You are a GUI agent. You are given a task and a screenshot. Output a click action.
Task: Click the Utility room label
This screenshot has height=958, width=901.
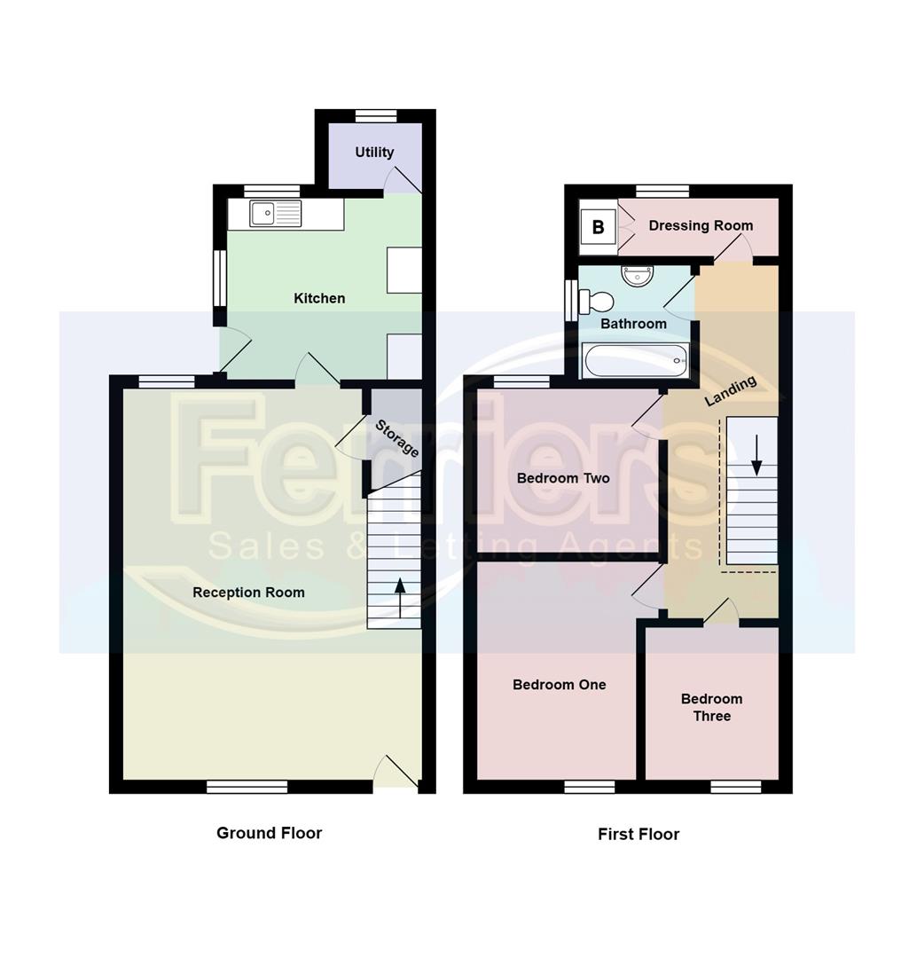374,152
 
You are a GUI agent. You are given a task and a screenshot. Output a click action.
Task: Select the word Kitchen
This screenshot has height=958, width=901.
319,298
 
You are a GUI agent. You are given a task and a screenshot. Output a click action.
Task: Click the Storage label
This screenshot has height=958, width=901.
396,437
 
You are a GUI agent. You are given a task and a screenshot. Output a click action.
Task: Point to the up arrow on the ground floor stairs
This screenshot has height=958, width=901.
400,597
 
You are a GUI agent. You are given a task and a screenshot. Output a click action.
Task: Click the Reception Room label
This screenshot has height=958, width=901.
248,592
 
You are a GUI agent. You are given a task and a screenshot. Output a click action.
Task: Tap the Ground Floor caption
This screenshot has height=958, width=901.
269,833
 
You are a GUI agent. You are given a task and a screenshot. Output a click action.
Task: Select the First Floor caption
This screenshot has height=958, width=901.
639,834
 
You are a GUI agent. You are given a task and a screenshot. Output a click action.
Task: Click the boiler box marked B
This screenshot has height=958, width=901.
598,227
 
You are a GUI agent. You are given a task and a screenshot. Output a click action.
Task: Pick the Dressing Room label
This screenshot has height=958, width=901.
701,225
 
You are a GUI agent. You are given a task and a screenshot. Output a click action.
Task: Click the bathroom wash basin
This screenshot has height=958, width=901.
637,277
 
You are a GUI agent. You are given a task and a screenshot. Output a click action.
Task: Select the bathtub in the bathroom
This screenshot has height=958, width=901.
637,361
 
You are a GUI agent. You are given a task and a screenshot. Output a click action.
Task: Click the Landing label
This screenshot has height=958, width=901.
731,391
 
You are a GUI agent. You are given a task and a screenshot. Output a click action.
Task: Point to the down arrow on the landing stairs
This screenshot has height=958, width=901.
756,454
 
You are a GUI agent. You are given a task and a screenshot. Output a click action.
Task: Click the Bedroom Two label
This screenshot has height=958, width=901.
563,478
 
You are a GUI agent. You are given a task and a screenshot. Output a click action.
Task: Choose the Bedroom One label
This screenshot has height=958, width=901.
559,684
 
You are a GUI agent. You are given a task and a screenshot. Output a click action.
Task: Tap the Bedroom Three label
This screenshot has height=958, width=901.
711,707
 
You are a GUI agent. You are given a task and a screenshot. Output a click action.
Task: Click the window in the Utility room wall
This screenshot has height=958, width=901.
376,114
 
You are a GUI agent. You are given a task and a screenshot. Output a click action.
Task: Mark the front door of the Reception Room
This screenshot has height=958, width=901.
396,774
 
